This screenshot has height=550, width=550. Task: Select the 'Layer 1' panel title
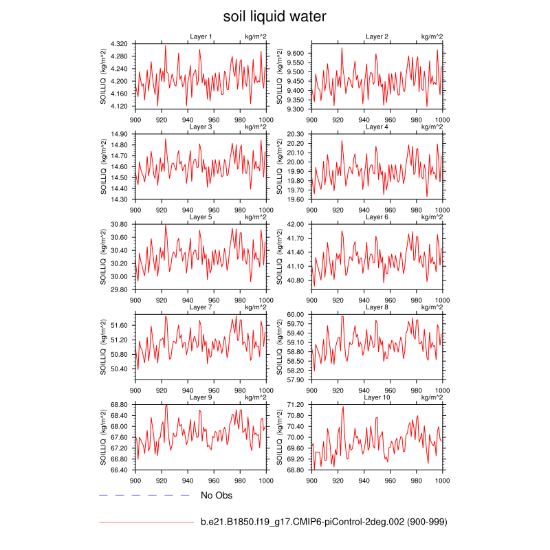(x=201, y=36)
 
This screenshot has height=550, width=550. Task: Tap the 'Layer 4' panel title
(x=377, y=127)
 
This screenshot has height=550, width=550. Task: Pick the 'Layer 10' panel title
(x=377, y=397)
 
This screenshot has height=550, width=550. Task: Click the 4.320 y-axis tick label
(x=120, y=43)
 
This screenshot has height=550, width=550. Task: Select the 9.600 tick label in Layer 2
(x=296, y=53)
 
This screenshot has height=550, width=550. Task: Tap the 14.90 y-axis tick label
(x=120, y=134)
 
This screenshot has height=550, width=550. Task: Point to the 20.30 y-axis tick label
(x=296, y=134)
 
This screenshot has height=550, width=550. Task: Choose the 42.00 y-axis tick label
(x=296, y=225)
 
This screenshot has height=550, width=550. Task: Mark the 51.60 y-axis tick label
(x=120, y=325)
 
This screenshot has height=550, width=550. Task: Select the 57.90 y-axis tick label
(x=296, y=379)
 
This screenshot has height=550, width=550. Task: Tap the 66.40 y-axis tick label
(x=120, y=470)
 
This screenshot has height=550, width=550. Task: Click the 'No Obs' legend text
(x=215, y=495)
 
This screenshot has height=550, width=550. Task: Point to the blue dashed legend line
(x=144, y=495)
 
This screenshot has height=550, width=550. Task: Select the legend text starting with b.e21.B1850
(x=324, y=522)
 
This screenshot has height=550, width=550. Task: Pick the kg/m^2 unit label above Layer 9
(x=255, y=397)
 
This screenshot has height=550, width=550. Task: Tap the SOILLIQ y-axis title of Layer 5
(x=103, y=257)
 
